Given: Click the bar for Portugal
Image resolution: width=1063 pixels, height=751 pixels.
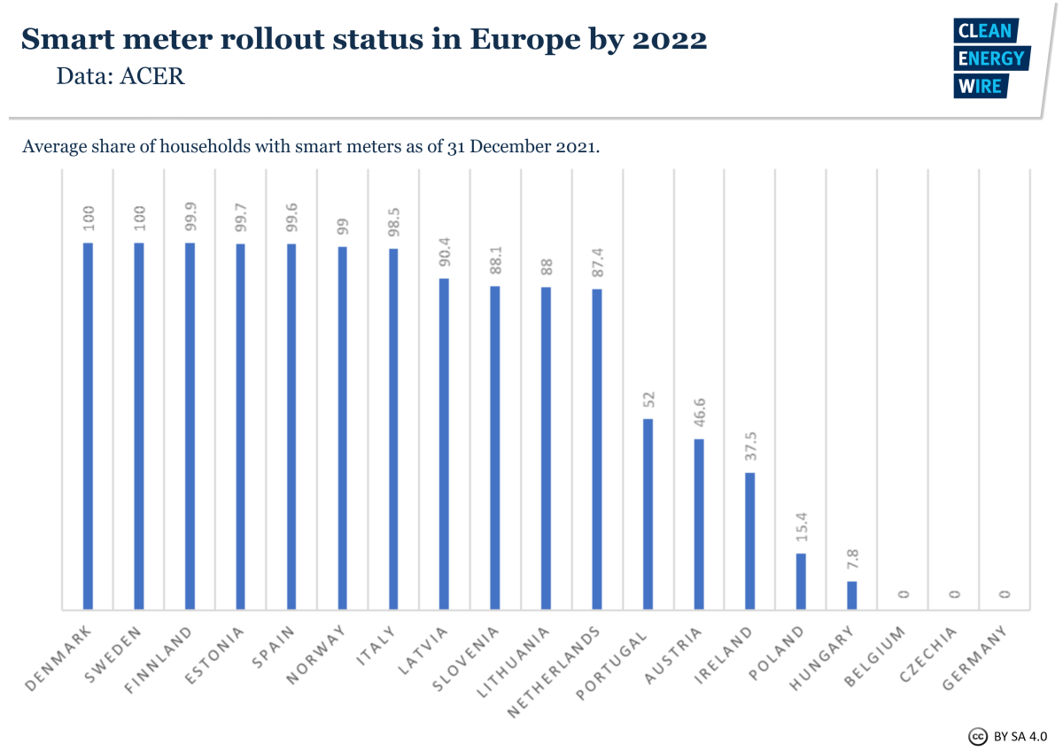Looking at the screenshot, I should (648, 514).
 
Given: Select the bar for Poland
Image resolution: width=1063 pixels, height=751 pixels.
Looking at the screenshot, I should (801, 581).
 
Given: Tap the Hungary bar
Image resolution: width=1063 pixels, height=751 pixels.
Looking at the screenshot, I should (852, 595).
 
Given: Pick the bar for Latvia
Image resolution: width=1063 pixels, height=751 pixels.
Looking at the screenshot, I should (444, 444).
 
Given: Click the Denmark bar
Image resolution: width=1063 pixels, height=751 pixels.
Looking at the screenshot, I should (87, 426).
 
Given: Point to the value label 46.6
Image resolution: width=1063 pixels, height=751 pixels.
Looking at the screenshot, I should (698, 413).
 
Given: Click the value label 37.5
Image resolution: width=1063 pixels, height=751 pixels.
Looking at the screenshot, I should (749, 446).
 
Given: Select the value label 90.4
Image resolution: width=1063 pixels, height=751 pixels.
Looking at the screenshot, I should (443, 252).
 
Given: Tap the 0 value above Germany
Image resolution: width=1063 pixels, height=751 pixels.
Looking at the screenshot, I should (1005, 594).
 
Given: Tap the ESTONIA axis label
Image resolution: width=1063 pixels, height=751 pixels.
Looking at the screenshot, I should (213, 655).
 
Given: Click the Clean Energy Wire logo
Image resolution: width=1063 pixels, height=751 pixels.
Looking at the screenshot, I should (989, 58).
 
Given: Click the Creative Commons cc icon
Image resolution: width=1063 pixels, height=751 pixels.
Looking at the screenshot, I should (977, 736).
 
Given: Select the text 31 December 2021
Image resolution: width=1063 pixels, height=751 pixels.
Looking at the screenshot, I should (528, 145).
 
